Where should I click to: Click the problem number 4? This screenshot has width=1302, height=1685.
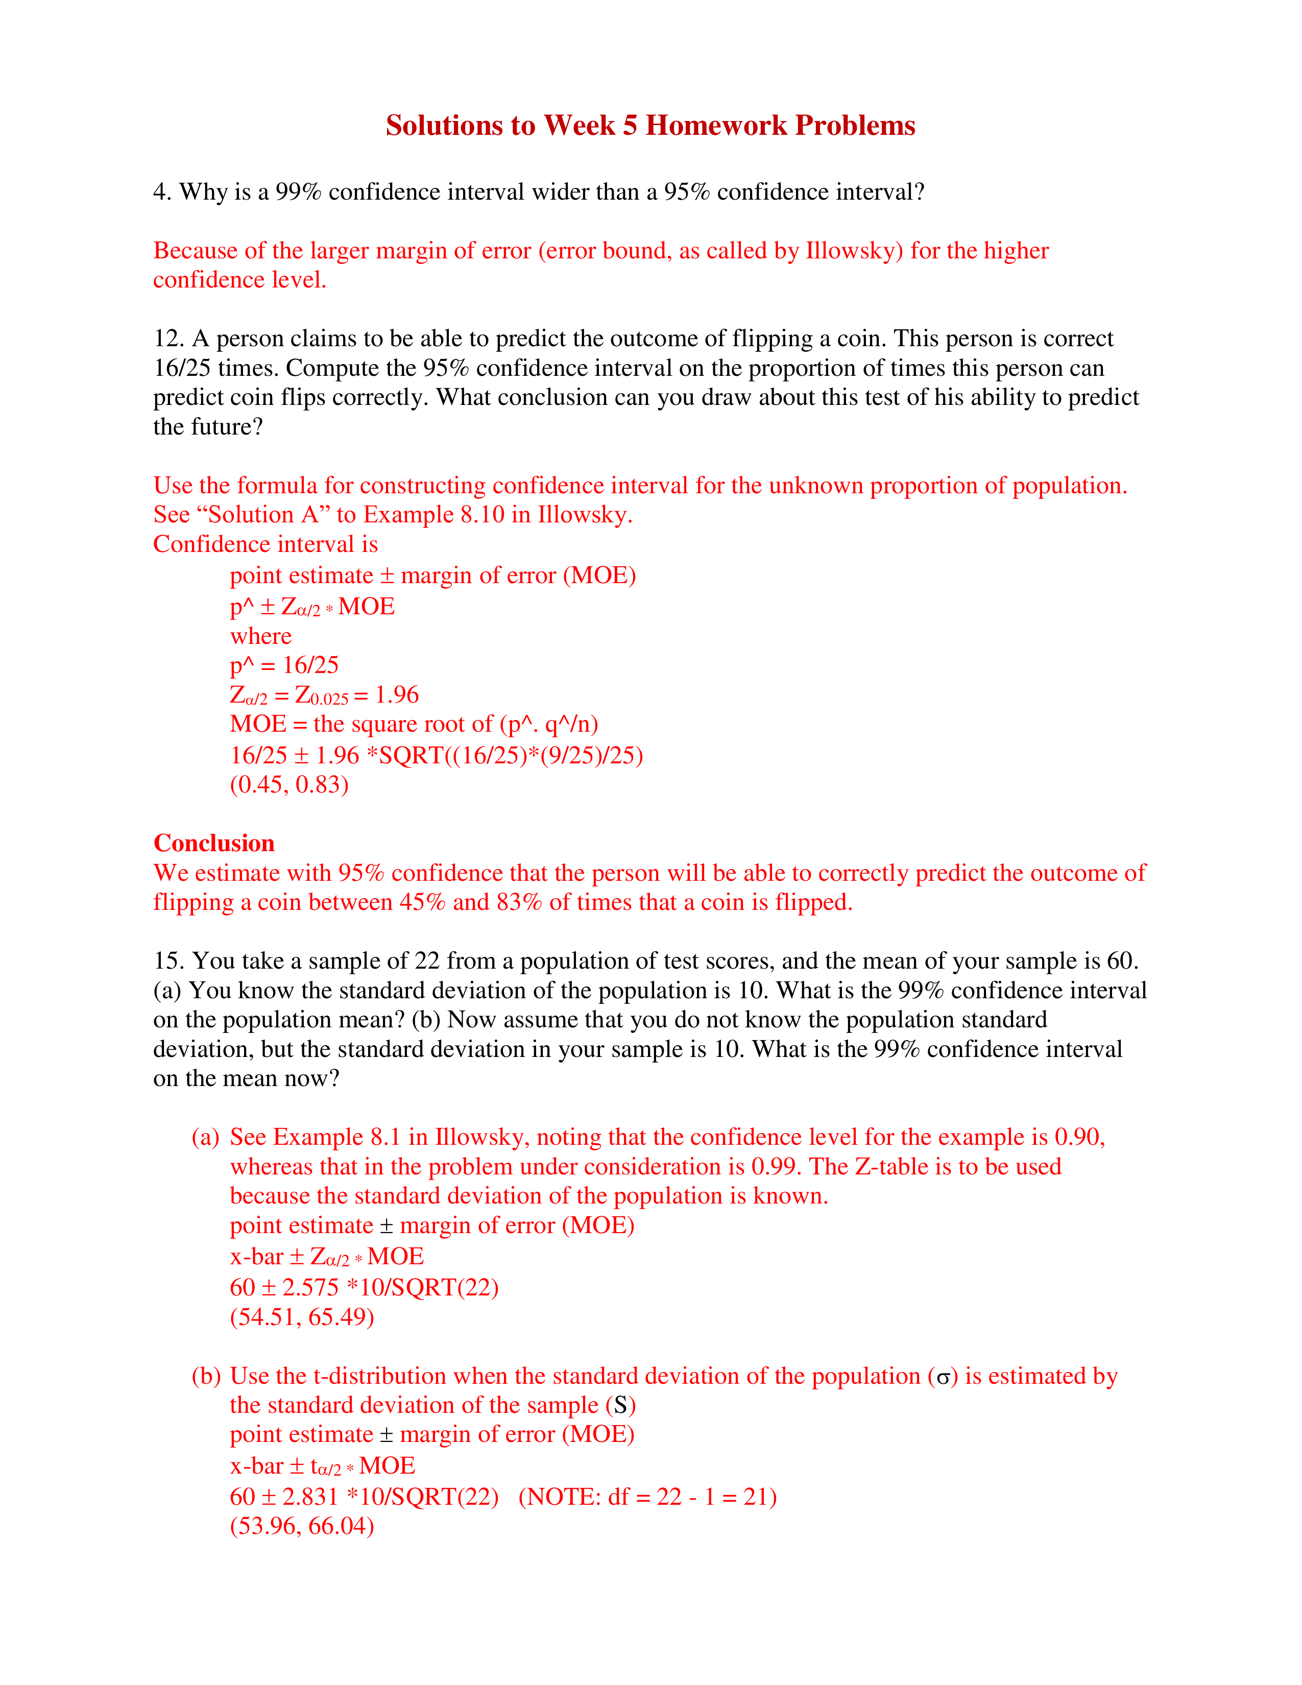(160, 192)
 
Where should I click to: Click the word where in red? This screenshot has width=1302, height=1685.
(261, 637)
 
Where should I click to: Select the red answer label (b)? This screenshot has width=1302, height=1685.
(206, 1377)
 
